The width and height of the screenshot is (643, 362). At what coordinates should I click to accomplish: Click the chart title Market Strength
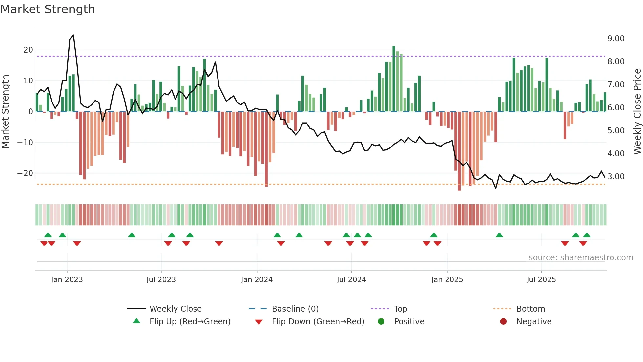[x=48, y=9]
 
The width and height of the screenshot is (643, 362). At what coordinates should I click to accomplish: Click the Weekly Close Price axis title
[x=637, y=111]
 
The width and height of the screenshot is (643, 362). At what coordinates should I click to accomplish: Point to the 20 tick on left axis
[x=28, y=50]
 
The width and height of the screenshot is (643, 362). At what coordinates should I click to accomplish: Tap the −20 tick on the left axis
[x=25, y=173]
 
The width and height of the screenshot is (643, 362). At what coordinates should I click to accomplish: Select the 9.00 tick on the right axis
[x=616, y=39]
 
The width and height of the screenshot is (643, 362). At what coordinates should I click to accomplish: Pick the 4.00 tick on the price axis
[x=616, y=154]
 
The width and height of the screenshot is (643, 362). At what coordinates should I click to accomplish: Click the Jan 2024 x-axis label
[x=257, y=280]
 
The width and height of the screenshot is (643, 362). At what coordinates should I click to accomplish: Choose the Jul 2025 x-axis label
[x=541, y=280]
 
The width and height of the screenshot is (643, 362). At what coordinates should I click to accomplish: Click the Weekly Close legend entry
[x=175, y=309]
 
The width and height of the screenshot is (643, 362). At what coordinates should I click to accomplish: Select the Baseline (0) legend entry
[x=295, y=309]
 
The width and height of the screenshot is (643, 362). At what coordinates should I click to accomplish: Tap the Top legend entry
[x=400, y=309]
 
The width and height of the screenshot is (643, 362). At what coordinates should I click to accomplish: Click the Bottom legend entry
[x=530, y=309]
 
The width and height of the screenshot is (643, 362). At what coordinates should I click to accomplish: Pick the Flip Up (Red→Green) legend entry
[x=190, y=322]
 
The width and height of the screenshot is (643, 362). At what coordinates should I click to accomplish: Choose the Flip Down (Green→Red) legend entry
[x=318, y=322]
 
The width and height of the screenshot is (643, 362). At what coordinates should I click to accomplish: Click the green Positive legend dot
[x=381, y=322]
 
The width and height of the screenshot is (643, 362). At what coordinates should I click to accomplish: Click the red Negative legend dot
[x=503, y=322]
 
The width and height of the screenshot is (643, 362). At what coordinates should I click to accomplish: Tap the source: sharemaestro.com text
[x=581, y=258]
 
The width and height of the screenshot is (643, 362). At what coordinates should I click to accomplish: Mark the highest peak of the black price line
[x=73, y=35]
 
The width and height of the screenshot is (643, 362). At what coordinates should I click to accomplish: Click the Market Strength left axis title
[x=5, y=111]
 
